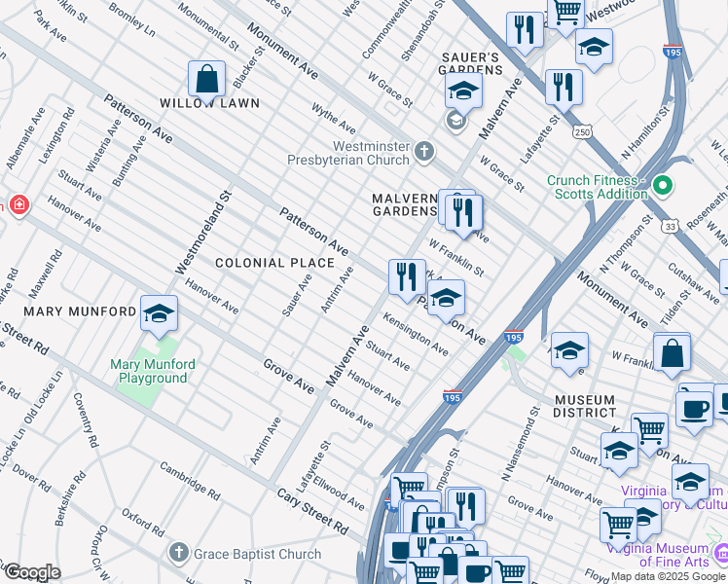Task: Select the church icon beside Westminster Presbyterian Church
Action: pos(423,151)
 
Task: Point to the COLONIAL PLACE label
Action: pos(274,263)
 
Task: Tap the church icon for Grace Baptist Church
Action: pos(177,553)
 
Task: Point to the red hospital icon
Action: pos(17,205)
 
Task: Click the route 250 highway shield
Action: pos(583,130)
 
